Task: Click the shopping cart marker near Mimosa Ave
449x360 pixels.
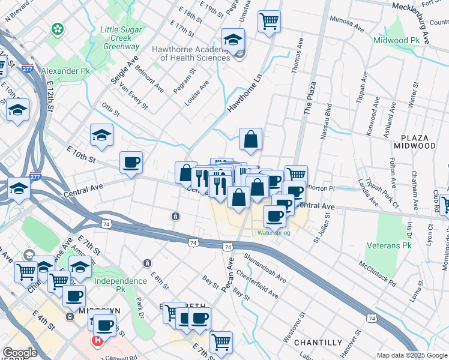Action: coord(270,21)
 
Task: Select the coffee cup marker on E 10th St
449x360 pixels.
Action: coord(131,162)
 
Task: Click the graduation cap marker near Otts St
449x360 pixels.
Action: coord(101,135)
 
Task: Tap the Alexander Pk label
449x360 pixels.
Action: coord(65,71)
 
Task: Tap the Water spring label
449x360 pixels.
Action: coord(274,233)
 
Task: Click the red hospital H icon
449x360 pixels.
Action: coord(97,341)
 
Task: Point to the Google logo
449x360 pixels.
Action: coord(19,353)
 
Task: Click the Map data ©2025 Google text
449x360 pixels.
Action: coord(412,356)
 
